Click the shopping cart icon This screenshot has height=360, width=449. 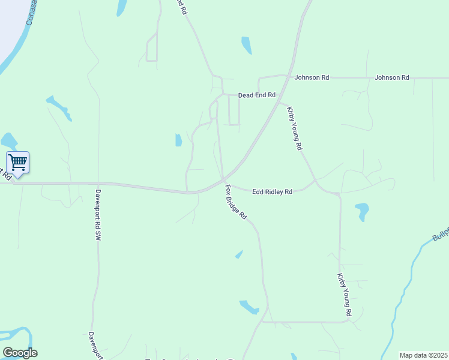tap(18, 161)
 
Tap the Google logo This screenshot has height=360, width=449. tap(20, 352)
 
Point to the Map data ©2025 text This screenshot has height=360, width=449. tap(424, 355)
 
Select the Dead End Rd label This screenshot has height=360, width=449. tap(256, 95)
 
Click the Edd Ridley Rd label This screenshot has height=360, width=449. tap(272, 191)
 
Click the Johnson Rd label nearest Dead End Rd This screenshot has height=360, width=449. tap(312, 77)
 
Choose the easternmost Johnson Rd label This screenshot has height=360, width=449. tap(391, 77)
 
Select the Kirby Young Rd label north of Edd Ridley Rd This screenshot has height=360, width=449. tap(295, 128)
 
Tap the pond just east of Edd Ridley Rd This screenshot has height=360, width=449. tap(362, 211)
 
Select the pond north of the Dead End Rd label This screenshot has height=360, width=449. tap(246, 45)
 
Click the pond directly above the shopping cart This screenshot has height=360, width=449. tap(8, 141)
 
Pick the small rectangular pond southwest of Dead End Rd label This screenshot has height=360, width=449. tap(178, 140)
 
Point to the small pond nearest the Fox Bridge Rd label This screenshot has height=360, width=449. tap(239, 254)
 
